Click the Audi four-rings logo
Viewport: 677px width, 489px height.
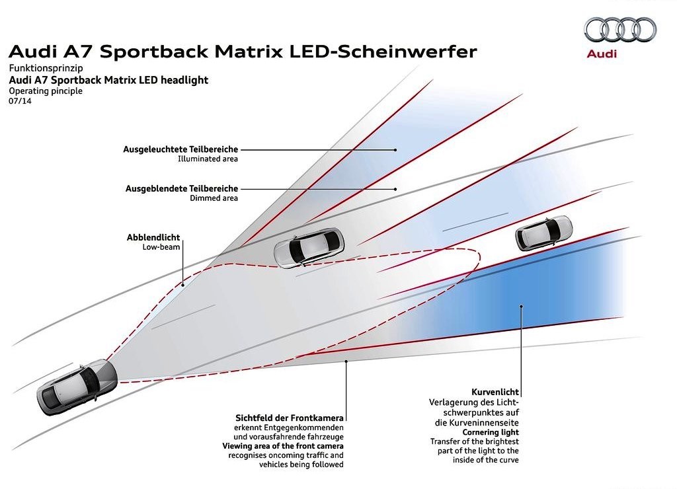[620, 30]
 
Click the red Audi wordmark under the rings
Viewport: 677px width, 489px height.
[602, 54]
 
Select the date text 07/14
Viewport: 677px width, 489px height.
[20, 101]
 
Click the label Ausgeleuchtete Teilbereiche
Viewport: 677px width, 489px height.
[180, 149]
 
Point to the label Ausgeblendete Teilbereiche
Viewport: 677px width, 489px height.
[182, 188]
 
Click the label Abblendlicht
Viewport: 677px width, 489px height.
[153, 237]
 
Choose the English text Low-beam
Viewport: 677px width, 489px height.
[161, 247]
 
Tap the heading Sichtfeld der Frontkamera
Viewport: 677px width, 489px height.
[290, 418]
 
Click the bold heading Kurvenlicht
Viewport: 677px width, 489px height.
[495, 392]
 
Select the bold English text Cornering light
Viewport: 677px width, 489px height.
[491, 432]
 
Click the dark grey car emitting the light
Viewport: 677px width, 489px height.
[77, 387]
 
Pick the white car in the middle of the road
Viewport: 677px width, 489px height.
[309, 247]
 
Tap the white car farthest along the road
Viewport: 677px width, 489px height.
[543, 233]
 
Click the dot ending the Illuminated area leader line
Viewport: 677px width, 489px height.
[395, 150]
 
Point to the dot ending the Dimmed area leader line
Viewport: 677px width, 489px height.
[395, 189]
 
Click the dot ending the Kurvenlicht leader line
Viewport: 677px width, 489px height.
[522, 307]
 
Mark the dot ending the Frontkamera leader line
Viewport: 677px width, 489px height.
[346, 361]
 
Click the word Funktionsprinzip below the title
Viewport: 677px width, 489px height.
[46, 68]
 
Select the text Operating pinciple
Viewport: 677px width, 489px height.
[46, 91]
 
